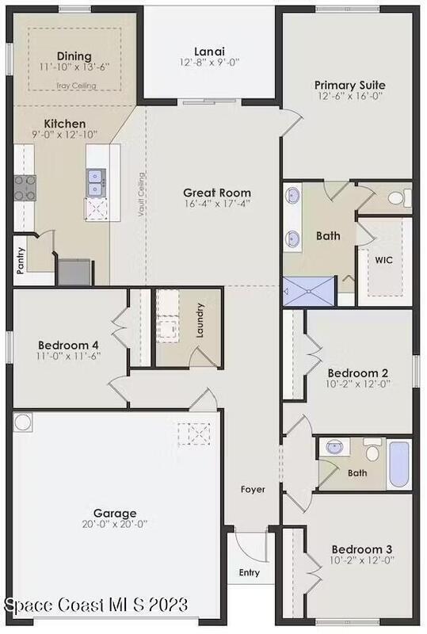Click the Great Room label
coord(217,193)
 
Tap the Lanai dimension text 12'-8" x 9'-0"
coord(209,63)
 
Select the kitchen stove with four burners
coord(25,188)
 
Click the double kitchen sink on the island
coord(96,183)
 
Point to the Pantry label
coord(21,261)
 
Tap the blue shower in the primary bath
coord(309,291)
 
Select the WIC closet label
coord(383,260)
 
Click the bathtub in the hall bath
coord(398,464)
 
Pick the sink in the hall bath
coord(335,447)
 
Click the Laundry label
coord(200,320)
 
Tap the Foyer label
coord(254,489)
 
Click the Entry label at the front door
coord(250,572)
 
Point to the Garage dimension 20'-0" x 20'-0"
coord(115,525)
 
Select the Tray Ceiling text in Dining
coord(76,86)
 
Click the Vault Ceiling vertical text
coord(141,194)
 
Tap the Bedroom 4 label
coord(68,346)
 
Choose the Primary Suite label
coord(350,86)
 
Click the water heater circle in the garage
coord(23,422)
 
